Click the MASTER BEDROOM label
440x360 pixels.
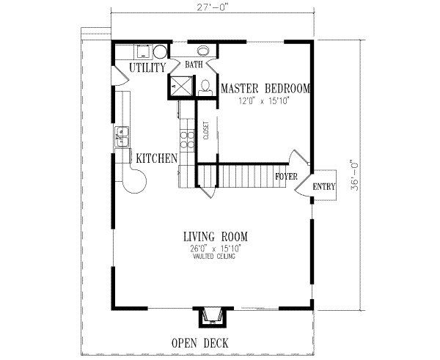(x=265, y=88)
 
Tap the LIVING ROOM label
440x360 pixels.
(x=215, y=236)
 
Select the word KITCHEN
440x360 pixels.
(x=155, y=158)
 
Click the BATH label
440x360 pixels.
(x=194, y=65)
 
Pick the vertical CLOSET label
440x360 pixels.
(x=206, y=131)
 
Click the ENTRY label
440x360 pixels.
(x=323, y=188)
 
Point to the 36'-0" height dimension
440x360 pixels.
(x=353, y=176)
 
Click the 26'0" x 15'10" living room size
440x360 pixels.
(x=215, y=249)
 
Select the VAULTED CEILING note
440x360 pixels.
(x=215, y=257)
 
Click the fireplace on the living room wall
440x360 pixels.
(x=213, y=316)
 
